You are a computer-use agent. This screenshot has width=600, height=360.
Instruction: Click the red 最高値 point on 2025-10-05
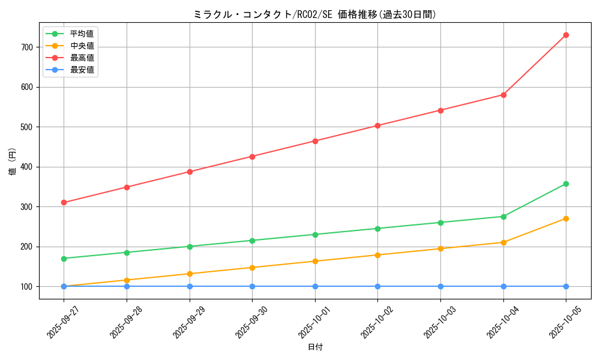pyautogui.click(x=566, y=35)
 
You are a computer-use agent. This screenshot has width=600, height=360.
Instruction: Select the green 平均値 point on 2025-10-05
pyautogui.click(x=566, y=184)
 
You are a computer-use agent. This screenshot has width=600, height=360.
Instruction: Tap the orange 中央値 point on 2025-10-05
pyautogui.click(x=566, y=218)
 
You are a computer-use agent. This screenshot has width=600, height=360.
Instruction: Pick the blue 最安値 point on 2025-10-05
pyautogui.click(x=566, y=286)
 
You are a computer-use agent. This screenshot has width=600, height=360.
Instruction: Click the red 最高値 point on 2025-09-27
pyautogui.click(x=64, y=202)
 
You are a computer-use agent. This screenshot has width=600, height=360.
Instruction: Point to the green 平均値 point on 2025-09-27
pyautogui.click(x=64, y=259)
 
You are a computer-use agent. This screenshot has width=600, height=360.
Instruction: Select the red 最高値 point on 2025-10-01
pyautogui.click(x=315, y=141)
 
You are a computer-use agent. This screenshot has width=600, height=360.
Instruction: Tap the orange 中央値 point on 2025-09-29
pyautogui.click(x=190, y=274)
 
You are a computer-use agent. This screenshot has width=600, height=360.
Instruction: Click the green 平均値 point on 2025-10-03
pyautogui.click(x=440, y=223)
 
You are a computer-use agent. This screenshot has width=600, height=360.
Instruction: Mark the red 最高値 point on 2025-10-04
pyautogui.click(x=503, y=95)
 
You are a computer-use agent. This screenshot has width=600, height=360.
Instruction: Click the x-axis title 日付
pyautogui.click(x=315, y=347)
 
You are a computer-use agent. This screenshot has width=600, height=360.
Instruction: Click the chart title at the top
pyautogui.click(x=315, y=14)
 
